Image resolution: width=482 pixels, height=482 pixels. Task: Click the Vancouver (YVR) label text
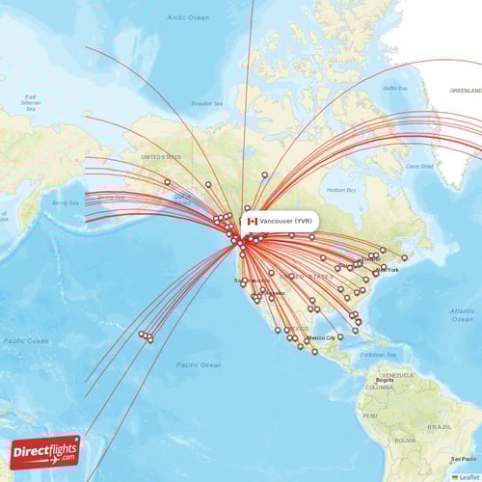pos(285,221)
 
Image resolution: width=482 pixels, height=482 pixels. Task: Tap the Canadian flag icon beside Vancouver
pos(253,221)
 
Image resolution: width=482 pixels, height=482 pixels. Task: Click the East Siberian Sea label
pos(32,102)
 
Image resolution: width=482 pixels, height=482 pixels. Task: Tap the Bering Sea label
pos(66,202)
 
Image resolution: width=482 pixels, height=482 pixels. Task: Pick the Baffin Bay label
pos(396,88)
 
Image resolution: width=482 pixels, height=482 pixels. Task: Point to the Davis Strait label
pos(418,165)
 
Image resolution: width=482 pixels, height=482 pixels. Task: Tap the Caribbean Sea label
pos(377,355)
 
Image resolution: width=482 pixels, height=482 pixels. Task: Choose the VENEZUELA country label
pos(397,374)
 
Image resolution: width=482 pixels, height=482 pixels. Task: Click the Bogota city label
pos(386,381)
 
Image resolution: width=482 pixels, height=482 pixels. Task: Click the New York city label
pos(388,270)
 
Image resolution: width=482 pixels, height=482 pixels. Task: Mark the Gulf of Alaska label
pos(181,199)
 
